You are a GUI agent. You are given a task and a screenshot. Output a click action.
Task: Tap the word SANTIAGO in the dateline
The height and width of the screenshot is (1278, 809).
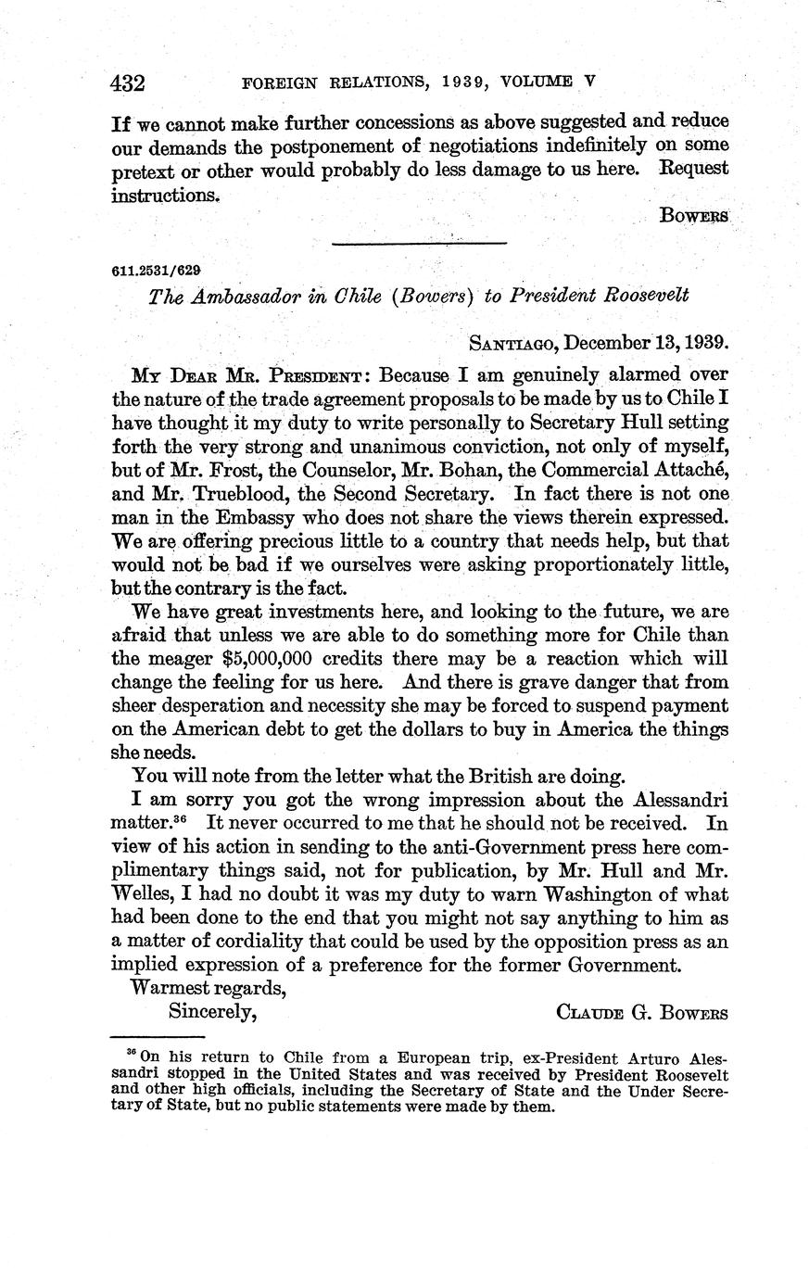tap(512, 342)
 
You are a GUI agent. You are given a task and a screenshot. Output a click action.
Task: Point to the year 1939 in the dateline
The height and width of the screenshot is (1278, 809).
tap(706, 341)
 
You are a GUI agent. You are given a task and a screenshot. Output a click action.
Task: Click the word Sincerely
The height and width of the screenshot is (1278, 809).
tap(211, 1012)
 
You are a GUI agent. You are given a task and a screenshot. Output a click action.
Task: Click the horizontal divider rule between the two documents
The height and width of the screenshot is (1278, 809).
tap(420, 244)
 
